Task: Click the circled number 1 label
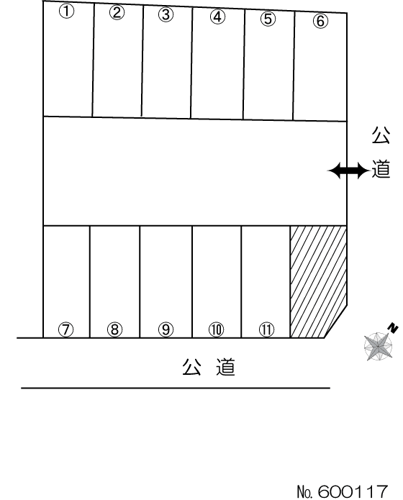(x=66, y=12)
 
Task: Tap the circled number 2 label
(x=117, y=13)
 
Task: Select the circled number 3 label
(x=166, y=14)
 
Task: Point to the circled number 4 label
(x=217, y=17)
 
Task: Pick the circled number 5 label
(x=268, y=19)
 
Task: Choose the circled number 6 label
(x=320, y=21)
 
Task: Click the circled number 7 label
(x=66, y=329)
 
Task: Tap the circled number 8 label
(x=115, y=329)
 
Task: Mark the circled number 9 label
(x=166, y=329)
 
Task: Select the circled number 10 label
(x=217, y=329)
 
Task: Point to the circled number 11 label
(x=266, y=329)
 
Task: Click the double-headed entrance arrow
(x=348, y=171)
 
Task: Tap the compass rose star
(x=378, y=346)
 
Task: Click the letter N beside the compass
(x=393, y=328)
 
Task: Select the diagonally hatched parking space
(x=318, y=281)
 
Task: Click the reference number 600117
(x=353, y=491)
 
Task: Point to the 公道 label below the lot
(x=209, y=368)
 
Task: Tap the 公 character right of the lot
(x=381, y=135)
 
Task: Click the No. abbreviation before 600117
(x=306, y=491)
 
